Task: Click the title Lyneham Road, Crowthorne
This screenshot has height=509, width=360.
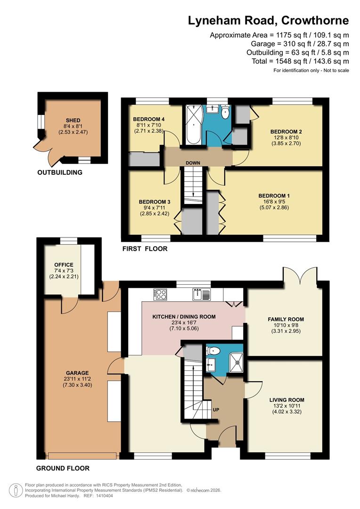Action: click(x=269, y=20)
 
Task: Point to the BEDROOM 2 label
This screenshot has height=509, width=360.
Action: click(x=286, y=131)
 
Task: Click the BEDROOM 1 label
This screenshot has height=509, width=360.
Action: click(x=274, y=196)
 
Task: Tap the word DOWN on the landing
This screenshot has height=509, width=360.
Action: click(x=193, y=163)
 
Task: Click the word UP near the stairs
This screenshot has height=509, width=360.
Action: click(x=216, y=409)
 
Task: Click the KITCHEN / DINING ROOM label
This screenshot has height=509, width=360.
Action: click(x=184, y=317)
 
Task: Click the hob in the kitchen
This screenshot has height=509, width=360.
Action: click(x=160, y=294)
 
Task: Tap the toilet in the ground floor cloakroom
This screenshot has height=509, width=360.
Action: click(x=213, y=351)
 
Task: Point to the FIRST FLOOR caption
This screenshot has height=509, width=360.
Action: click(x=145, y=249)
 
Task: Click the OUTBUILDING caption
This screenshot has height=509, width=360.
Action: click(x=60, y=172)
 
